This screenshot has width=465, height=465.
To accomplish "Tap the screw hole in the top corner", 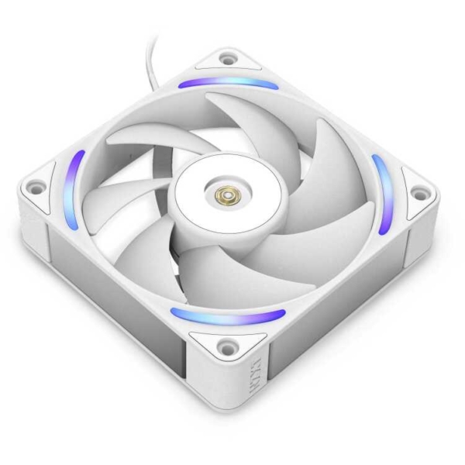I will (x=226, y=57).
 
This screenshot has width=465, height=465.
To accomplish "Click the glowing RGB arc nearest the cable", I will (x=228, y=82).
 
